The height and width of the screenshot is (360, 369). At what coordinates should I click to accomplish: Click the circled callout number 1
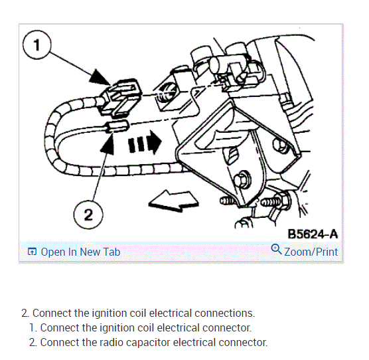pos(37,45)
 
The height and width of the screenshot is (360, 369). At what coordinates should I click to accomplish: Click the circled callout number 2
pos(88,215)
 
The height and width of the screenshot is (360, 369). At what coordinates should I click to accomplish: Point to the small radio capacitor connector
pos(117,126)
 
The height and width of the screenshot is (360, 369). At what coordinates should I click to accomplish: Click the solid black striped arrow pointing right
pos(145,142)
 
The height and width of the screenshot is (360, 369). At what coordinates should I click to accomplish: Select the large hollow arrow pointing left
pos(174,201)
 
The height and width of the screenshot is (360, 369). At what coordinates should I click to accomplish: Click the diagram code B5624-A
pos(313,234)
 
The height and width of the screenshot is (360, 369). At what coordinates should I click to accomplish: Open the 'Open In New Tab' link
pos(80,252)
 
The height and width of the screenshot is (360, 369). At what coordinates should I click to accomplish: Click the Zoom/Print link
pos(311,252)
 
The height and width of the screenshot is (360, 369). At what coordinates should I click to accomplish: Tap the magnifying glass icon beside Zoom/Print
pos(276,249)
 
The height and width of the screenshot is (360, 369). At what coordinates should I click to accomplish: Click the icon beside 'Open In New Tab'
pos(32,252)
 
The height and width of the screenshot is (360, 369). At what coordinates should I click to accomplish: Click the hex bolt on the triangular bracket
pos(243,180)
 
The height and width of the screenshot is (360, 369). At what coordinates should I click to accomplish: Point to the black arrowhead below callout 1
pos(100,77)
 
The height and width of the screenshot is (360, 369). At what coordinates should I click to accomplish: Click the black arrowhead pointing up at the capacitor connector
pos(108,143)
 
